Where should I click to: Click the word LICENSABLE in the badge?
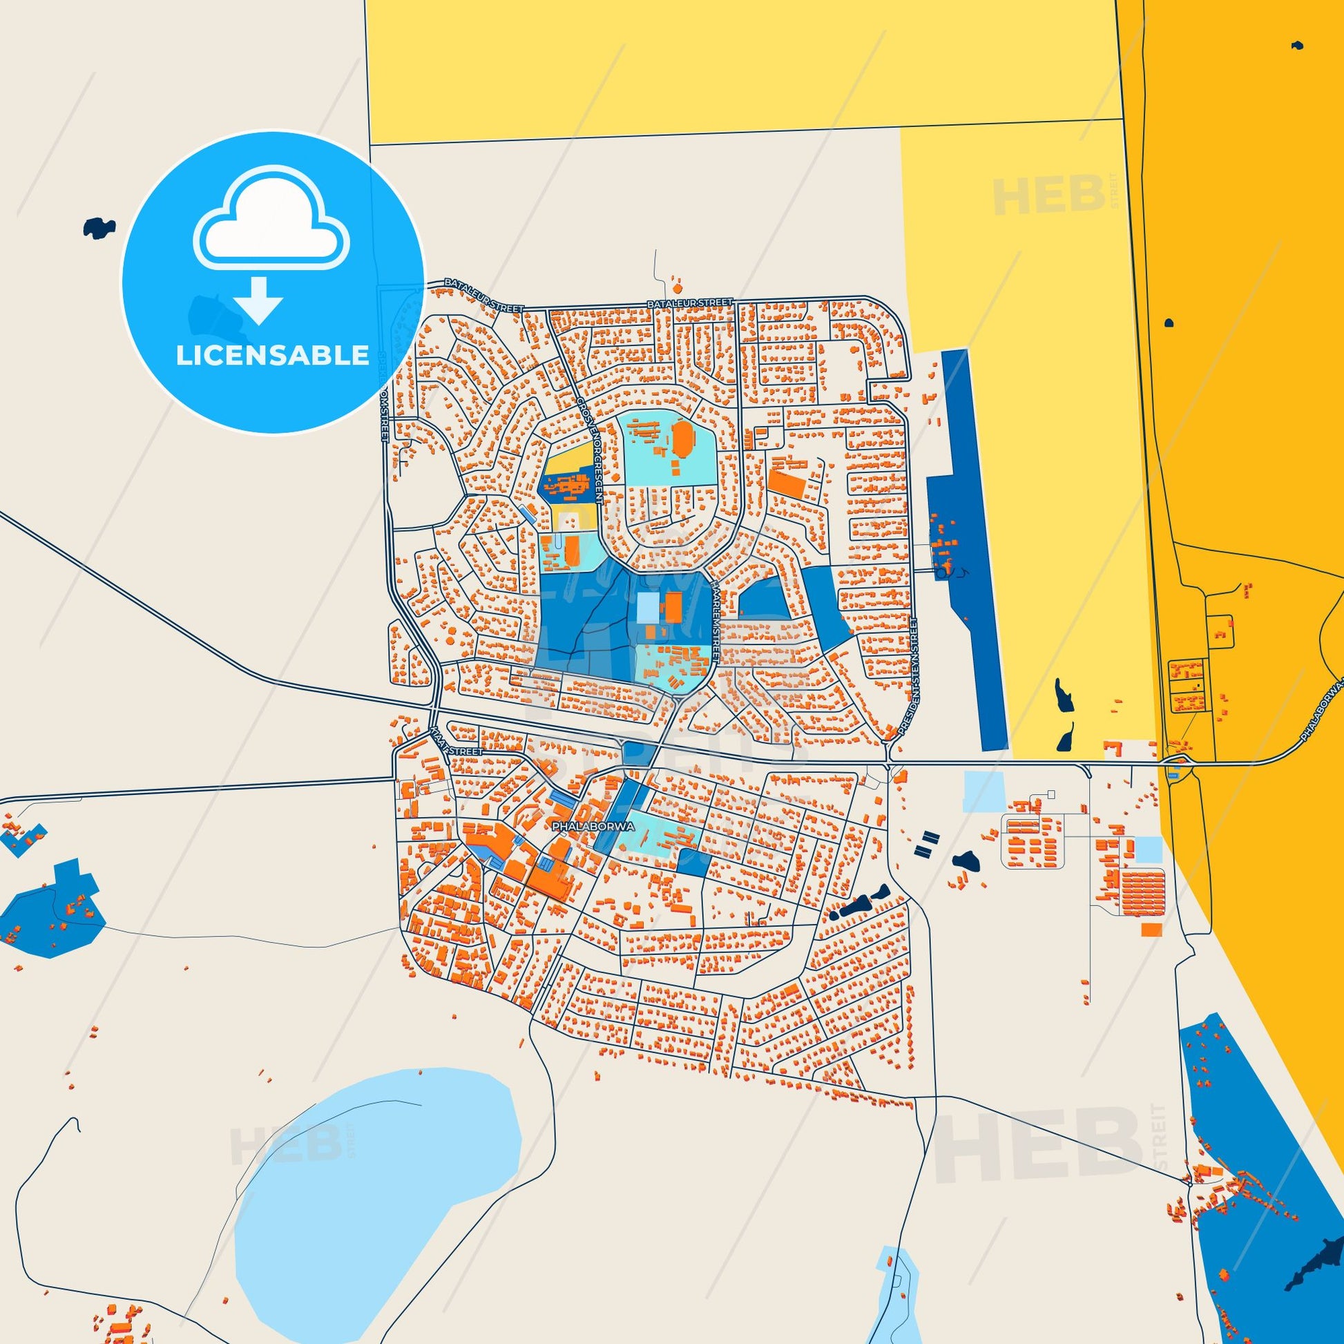272,356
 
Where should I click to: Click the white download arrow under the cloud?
258,298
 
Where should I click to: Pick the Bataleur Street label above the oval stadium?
689,304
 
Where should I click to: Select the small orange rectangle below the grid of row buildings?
1151,930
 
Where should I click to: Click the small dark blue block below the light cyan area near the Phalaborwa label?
694,862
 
